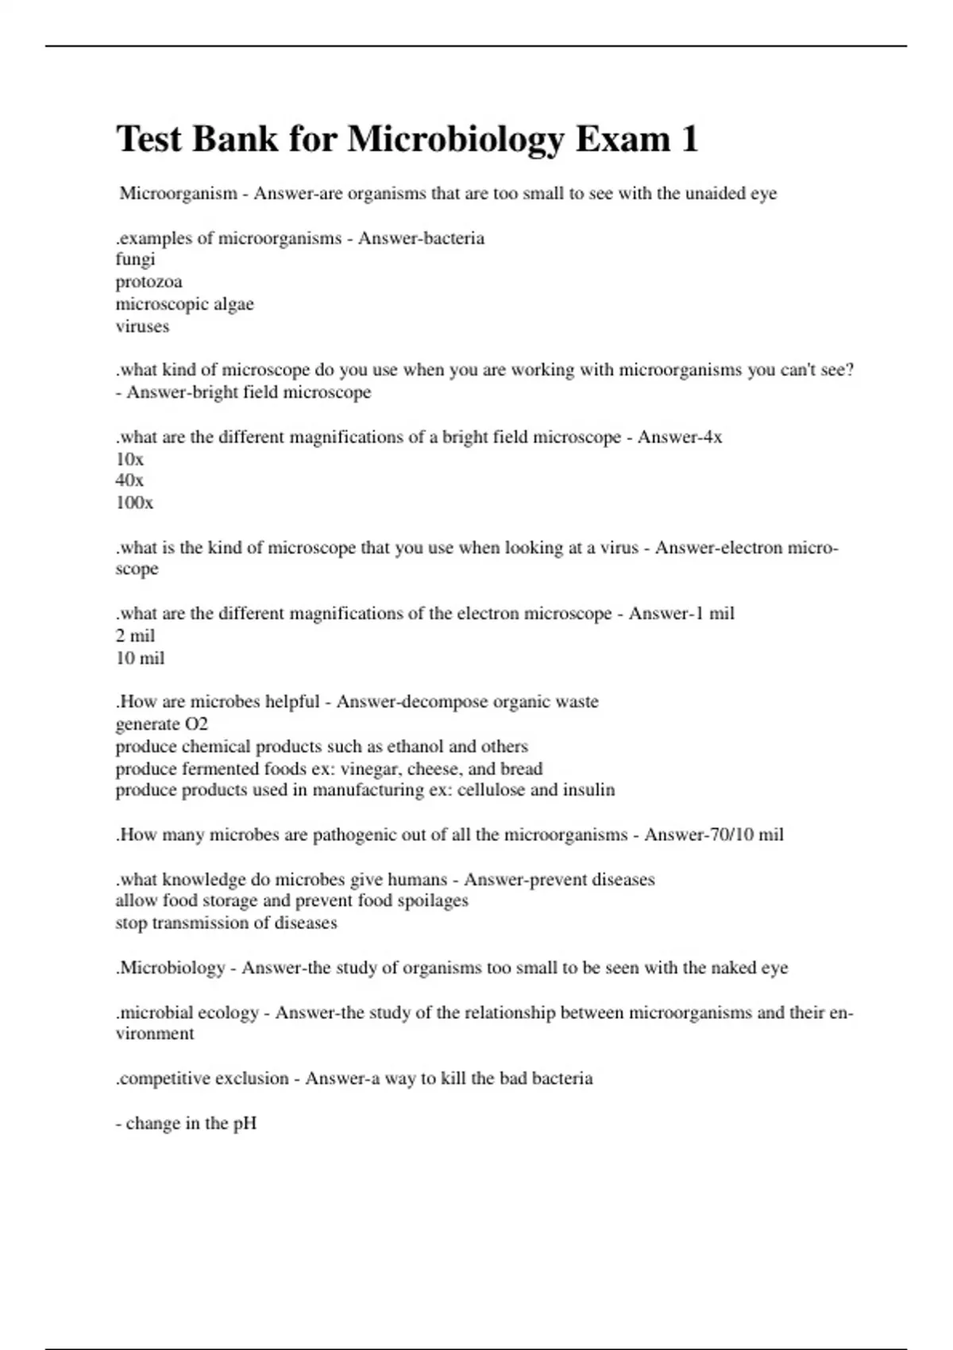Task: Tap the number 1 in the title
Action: [689, 139]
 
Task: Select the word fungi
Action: [135, 260]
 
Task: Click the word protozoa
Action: [149, 282]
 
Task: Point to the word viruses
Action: [142, 326]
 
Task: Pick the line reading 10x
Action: [129, 459]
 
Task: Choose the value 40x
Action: [129, 480]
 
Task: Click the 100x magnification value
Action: [134, 503]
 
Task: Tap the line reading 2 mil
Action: [135, 635]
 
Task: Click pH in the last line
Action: [245, 1124]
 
